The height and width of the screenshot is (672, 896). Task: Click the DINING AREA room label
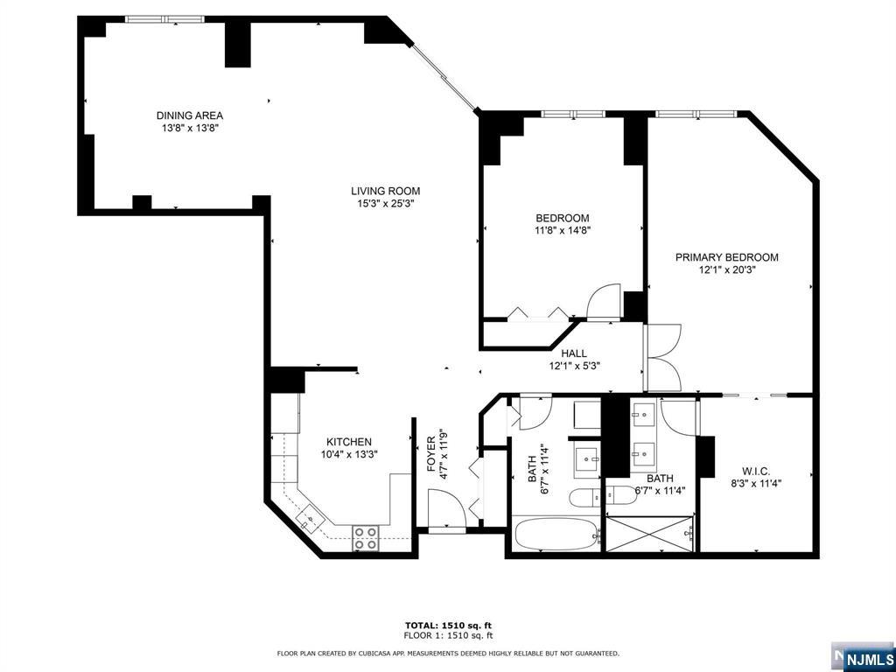click(190, 115)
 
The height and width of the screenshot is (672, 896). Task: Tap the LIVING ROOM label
click(385, 191)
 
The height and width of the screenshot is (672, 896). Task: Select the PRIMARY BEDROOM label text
click(727, 257)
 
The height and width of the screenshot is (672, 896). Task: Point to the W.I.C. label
click(756, 472)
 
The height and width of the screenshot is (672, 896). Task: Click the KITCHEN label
click(348, 442)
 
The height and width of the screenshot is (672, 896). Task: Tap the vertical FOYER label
click(431, 454)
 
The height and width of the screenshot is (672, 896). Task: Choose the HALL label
click(574, 353)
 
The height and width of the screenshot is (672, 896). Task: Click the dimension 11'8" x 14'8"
click(563, 230)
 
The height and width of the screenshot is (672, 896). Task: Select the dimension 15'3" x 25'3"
click(385, 203)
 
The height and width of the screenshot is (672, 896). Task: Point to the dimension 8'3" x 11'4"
click(756, 483)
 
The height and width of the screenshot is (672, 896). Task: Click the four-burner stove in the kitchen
click(366, 538)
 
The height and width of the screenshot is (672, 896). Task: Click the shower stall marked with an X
click(650, 535)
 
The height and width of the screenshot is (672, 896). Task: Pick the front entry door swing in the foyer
click(447, 510)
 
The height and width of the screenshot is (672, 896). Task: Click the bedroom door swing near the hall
click(603, 301)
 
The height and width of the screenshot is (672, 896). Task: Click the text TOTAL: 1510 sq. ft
click(448, 625)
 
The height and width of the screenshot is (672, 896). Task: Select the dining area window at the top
click(164, 19)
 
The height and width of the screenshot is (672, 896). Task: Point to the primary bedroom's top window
click(696, 114)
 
